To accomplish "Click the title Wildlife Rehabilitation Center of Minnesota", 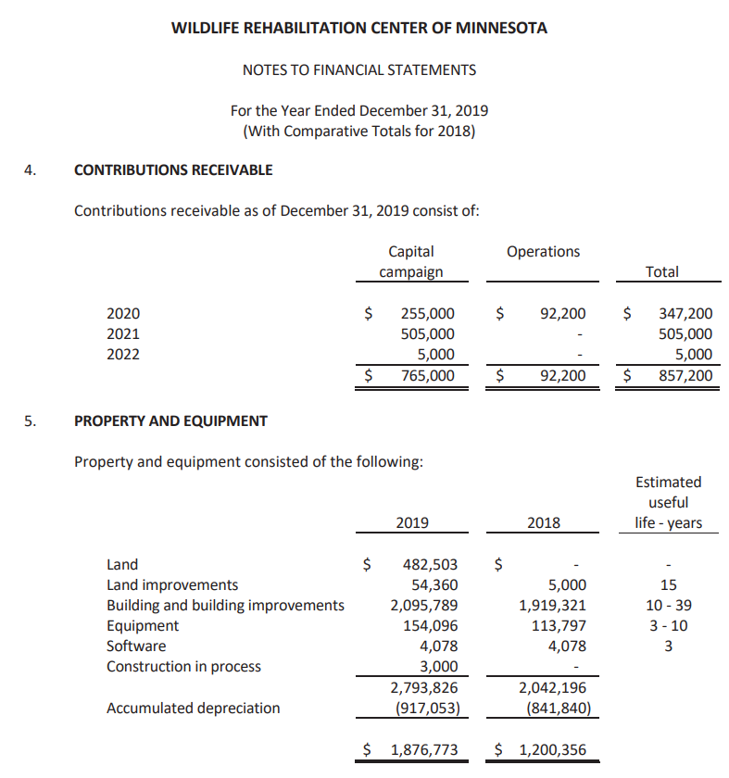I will [359, 28].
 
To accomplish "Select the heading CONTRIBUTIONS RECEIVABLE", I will [172, 170].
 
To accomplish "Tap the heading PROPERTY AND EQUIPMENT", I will [170, 421].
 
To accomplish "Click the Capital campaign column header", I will [411, 261].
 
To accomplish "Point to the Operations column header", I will [543, 252].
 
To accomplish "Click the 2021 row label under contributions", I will [123, 334].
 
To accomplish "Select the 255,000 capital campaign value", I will [427, 315].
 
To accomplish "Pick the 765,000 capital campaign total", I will [427, 376].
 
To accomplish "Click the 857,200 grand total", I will [685, 376].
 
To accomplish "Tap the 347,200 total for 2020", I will [685, 315].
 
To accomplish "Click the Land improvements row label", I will [172, 585].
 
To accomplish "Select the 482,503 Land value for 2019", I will [430, 564].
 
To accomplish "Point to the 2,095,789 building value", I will [423, 606].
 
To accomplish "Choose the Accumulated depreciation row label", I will [193, 709].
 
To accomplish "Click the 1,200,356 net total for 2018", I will [552, 750].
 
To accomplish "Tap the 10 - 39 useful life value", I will [669, 606].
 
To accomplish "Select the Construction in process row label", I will [183, 667].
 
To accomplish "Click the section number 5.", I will [31, 421].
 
